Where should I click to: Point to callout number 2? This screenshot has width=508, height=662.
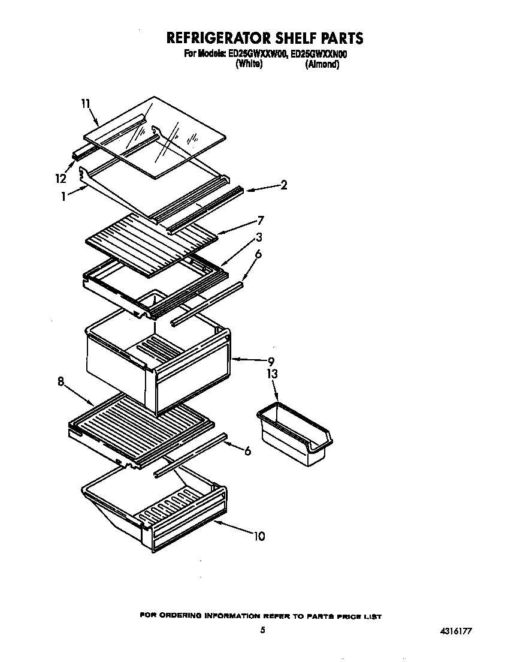point(283,185)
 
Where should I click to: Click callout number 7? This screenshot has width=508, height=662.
point(261,219)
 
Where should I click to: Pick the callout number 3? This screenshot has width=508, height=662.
point(258,236)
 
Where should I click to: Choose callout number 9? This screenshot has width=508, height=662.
point(271,361)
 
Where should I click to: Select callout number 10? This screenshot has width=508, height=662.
point(259,535)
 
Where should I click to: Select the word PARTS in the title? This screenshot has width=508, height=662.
point(333,38)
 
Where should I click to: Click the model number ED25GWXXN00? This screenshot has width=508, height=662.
point(319,54)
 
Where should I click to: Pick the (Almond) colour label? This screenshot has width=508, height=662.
point(322,64)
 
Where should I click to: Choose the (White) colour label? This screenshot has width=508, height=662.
point(249,64)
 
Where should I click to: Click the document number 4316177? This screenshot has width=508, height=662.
point(459,631)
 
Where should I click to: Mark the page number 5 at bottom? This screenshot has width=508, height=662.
point(262,630)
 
